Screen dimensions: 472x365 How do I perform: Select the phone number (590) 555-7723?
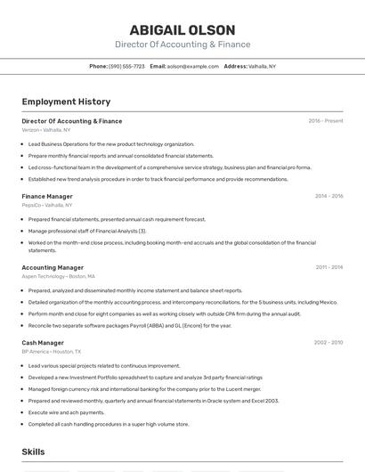coord(126,66)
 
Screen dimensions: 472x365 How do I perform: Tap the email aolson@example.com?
coord(193,66)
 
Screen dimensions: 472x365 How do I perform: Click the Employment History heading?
coord(66,102)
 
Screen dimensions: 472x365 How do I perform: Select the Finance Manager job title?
coord(47,196)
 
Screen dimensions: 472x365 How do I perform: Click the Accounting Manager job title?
coord(53,267)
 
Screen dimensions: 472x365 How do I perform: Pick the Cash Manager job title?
coord(43,343)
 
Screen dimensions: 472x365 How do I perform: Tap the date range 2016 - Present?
coord(326,121)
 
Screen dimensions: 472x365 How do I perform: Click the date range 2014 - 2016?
coord(328,196)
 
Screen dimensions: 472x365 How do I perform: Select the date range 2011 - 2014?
coord(328,267)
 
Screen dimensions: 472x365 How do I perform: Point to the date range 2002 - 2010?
coord(328,343)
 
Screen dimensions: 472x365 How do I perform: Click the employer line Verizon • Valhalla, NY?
coord(46,130)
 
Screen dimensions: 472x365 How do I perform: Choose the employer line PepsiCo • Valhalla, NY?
coord(47,205)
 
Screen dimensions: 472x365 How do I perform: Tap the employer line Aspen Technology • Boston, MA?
coord(58,276)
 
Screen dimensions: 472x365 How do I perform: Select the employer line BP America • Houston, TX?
coord(52,352)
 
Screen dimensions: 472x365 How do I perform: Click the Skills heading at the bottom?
coord(34,453)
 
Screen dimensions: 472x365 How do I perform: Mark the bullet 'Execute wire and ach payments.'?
coord(66,412)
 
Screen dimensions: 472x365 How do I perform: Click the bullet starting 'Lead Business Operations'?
coord(110,143)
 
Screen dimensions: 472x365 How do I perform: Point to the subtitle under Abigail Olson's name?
coord(182,45)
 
